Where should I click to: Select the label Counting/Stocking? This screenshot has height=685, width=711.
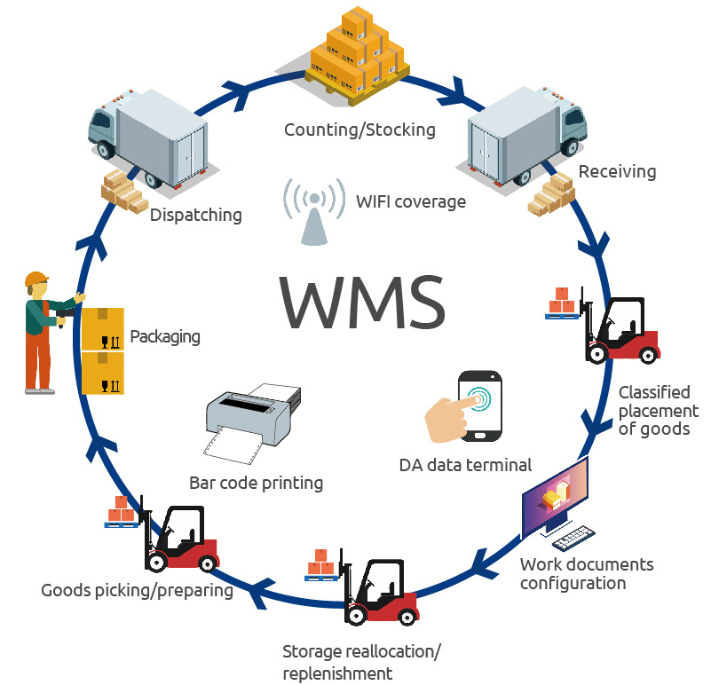coord(359,130)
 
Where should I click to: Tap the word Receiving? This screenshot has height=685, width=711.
coord(617,171)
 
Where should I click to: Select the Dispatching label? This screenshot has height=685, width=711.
coord(195,215)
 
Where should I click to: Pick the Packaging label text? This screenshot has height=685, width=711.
coord(164,337)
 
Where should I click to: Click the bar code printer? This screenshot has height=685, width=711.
coord(248,418)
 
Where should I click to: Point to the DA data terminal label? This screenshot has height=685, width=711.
coord(466,464)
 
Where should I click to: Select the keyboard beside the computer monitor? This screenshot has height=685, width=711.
coord(573,538)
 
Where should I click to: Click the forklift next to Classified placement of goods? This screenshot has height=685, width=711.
coord(620,328)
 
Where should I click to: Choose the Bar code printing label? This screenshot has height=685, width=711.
coord(256,484)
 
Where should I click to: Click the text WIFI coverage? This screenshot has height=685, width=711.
coord(409,201)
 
